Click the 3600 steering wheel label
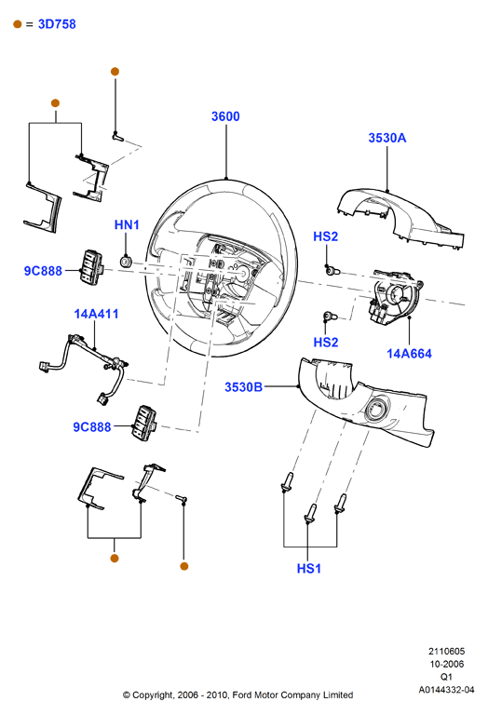[225, 116]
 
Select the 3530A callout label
[386, 138]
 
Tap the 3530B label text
[244, 387]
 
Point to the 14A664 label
[409, 354]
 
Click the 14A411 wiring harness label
[96, 314]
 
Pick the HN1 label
[127, 224]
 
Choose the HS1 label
[309, 569]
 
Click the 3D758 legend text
[57, 24]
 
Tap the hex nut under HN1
[126, 262]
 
